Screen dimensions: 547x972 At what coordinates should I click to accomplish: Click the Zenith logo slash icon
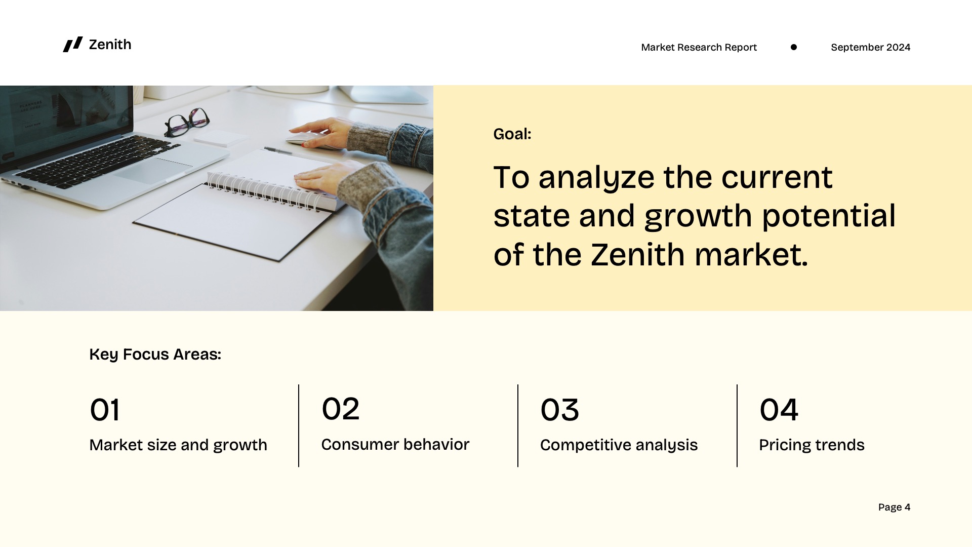click(72, 45)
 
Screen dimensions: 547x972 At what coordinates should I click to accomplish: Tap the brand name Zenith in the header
click(110, 45)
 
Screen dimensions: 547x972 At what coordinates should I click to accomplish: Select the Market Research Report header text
click(699, 47)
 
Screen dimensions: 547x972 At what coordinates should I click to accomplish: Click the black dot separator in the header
click(794, 47)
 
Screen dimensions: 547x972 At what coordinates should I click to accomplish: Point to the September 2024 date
click(870, 47)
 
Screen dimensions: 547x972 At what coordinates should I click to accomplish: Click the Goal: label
click(512, 134)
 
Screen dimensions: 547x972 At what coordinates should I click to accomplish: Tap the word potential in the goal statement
click(828, 216)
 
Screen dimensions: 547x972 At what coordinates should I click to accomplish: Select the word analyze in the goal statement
click(596, 178)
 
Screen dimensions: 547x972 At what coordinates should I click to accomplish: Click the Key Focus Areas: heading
click(155, 354)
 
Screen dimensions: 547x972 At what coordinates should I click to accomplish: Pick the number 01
click(105, 410)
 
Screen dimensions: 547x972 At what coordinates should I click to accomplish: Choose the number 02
click(340, 409)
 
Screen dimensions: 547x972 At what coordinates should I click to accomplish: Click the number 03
click(559, 410)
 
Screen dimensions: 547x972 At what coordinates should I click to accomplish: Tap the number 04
click(779, 410)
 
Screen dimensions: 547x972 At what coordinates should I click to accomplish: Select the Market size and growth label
click(178, 445)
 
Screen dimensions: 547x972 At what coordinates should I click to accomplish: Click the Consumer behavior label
click(395, 444)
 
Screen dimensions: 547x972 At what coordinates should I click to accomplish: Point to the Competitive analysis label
click(619, 445)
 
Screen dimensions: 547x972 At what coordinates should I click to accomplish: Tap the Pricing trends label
click(812, 445)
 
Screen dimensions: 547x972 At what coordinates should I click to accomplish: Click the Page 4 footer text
click(894, 507)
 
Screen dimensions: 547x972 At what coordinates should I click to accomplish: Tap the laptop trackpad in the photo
click(152, 170)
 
